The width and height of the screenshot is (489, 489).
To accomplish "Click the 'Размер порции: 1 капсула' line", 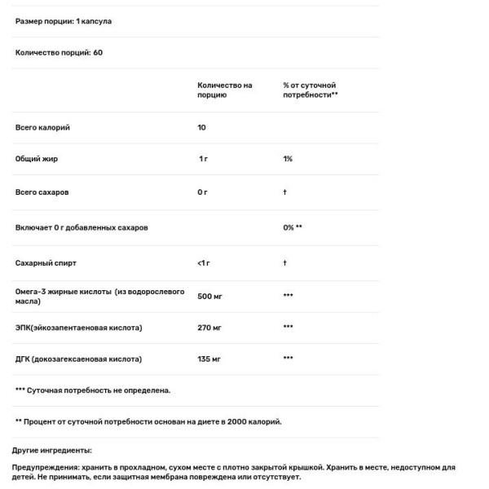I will point(63,21).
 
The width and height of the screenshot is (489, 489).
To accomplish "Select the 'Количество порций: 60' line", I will point(59,52).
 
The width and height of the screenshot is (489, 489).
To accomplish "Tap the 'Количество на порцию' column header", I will point(224,90).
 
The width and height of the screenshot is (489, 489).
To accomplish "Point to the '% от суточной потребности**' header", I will point(311,90).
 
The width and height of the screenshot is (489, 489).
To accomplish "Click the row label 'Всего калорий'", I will point(42,128).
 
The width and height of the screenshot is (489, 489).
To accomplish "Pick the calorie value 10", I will point(201,128).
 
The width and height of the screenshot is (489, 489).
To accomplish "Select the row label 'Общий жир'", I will point(37,159).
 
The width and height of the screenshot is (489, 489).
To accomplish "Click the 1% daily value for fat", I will point(288,159).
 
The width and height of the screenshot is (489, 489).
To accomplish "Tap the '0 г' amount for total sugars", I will point(203,192).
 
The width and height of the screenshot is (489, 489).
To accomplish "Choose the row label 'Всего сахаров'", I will point(42,192).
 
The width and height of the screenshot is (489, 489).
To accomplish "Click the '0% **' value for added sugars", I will point(293,227).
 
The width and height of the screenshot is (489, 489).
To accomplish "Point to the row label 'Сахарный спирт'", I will point(46,263).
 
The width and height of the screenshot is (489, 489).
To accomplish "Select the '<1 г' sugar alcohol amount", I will point(204,263).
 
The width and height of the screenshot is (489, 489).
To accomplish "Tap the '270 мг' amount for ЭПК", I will point(209,327).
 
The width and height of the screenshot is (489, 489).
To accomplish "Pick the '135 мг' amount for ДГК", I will point(209,359).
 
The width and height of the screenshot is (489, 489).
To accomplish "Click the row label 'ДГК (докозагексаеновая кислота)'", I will point(78,359).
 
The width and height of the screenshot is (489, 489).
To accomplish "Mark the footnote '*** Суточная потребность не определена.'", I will point(93,390).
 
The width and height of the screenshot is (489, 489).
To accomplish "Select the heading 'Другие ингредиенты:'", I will point(51,450).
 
